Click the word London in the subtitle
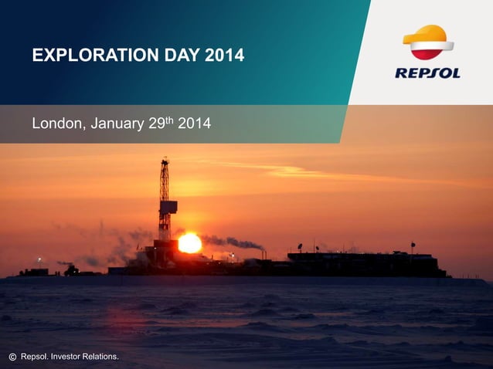pyautogui.click(x=54, y=123)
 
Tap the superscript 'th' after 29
pyautogui.click(x=169, y=119)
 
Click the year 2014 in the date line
pyautogui.click(x=194, y=123)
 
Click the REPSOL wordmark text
pyautogui.click(x=428, y=73)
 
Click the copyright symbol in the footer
pyautogui.click(x=12, y=357)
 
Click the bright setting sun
pyautogui.click(x=189, y=244)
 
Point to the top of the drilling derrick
pyautogui.click(x=165, y=161)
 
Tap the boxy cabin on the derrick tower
pyautogui.click(x=168, y=206)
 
